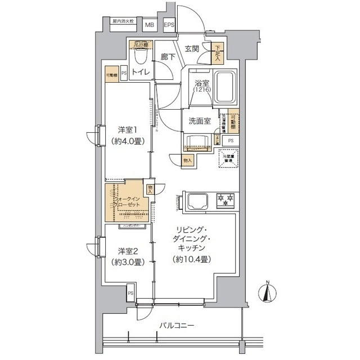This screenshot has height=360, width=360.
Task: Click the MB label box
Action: (150, 25)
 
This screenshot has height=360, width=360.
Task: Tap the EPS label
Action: (169, 25)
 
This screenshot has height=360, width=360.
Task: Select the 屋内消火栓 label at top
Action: (123, 21)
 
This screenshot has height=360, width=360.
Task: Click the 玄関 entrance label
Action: (191, 49)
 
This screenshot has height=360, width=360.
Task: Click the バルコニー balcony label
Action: (176, 325)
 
